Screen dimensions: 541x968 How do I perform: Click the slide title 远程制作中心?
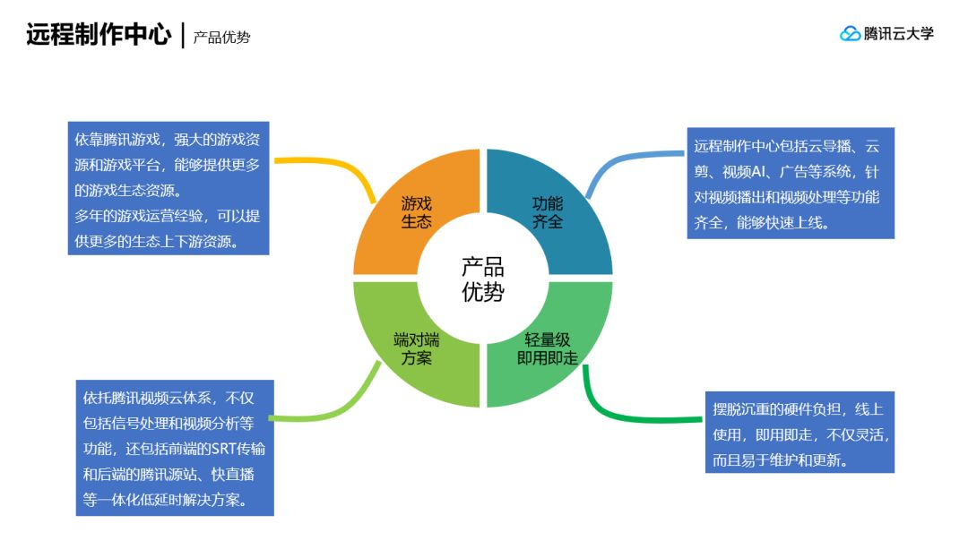pos(98,35)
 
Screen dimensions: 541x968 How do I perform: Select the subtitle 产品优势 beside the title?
pos(221,38)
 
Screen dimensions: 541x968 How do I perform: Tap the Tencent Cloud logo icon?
pos(850,34)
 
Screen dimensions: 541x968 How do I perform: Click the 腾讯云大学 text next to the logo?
pos(899,34)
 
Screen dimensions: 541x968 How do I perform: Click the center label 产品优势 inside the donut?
pos(482,279)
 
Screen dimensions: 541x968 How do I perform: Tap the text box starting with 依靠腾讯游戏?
pos(169,190)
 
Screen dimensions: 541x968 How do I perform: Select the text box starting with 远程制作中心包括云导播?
pos(791,184)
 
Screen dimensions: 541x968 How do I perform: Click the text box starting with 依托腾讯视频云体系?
pos(174,448)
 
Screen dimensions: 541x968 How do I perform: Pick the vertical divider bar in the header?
pos(183,36)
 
